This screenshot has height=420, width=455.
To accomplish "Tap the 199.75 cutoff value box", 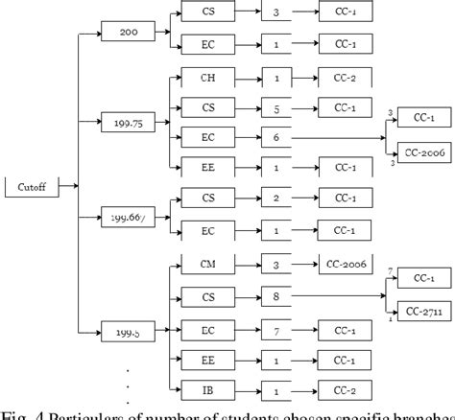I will [x=127, y=122].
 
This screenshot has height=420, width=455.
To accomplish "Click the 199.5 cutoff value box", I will [x=127, y=333].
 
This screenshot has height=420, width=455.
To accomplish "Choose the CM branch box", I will [x=208, y=262].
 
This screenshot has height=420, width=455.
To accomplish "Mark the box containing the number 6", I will [x=276, y=137].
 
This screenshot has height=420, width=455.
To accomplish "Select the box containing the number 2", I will [x=276, y=197].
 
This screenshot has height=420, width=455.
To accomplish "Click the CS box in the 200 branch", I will [x=208, y=12].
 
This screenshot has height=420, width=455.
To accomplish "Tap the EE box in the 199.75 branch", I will [x=208, y=168].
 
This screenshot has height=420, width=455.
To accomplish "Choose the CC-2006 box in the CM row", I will [x=346, y=262].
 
